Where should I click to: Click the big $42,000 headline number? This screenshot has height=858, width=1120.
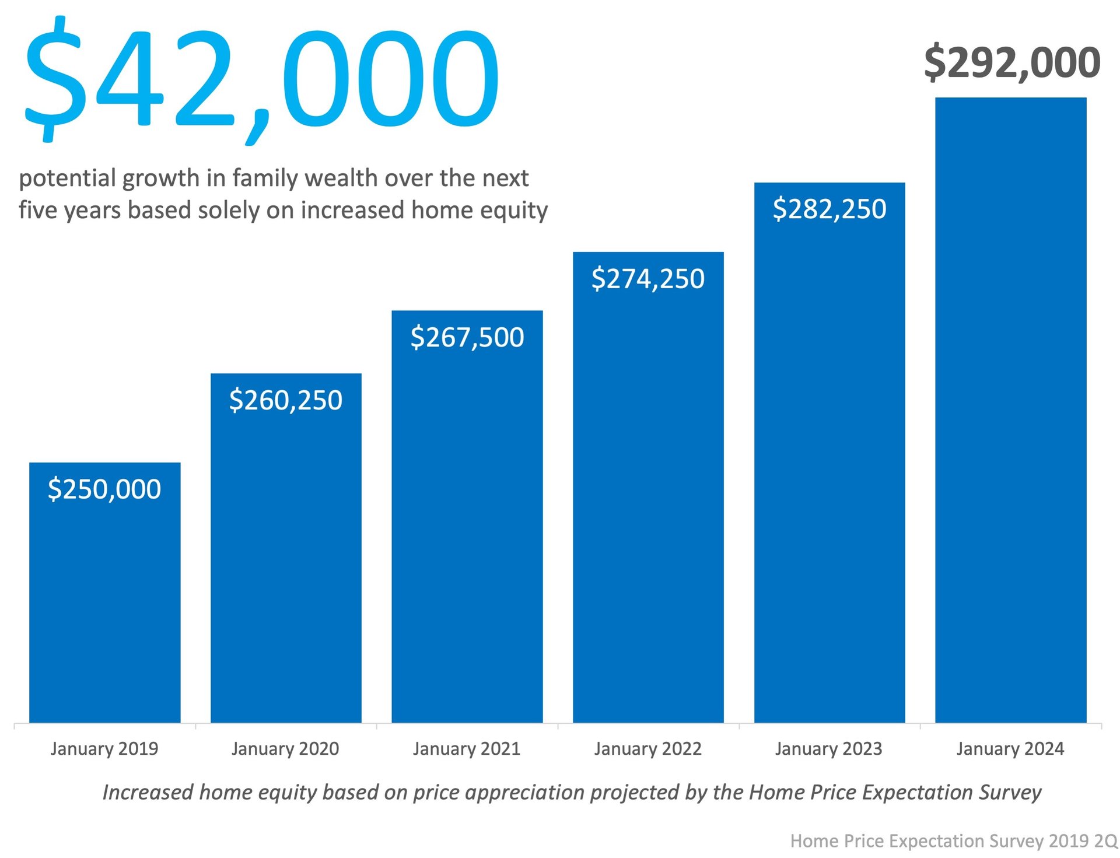coord(261,76)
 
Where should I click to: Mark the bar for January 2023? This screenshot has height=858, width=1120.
coord(829,467)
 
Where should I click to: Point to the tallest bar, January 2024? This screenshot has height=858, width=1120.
coord(1010,408)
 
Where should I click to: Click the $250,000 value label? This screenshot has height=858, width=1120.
coord(104,489)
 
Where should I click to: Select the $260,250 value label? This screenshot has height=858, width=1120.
coord(286,400)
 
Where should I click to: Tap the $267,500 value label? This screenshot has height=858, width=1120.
coord(467,337)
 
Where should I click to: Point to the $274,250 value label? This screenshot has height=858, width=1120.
coord(648,278)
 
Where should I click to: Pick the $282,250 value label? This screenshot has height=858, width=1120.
coord(829,209)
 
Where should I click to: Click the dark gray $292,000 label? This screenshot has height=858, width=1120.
coord(1012,62)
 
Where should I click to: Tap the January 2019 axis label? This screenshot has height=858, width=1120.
coord(104,748)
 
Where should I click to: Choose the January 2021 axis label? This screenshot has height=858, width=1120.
coord(467,748)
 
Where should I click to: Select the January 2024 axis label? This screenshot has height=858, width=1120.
coord(1010,748)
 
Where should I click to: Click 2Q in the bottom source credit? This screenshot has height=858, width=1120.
coord(1105,841)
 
